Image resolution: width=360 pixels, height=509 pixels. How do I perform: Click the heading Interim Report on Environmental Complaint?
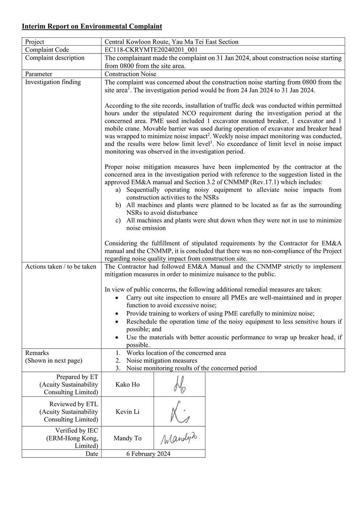click(92, 26)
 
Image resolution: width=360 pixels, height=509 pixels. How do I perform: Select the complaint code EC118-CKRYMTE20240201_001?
click(151, 50)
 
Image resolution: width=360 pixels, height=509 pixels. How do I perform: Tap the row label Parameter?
click(38, 74)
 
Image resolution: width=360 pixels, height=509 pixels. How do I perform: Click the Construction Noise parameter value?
click(130, 74)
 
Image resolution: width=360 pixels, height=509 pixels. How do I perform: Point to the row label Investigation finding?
click(53, 82)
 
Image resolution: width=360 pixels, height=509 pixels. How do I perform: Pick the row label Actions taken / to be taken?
click(61, 267)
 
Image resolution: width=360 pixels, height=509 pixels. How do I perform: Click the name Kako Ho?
click(127, 385)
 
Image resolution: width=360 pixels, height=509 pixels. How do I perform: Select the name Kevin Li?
click(127, 412)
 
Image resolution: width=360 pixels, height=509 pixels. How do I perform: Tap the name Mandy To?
click(127, 438)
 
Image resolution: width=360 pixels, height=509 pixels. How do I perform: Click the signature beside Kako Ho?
click(180, 385)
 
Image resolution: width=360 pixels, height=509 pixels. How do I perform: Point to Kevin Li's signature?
click(180, 412)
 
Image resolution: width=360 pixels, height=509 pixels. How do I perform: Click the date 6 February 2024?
click(148, 454)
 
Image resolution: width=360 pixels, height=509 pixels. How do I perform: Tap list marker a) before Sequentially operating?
click(118, 190)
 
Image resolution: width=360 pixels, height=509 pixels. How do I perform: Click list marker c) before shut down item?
click(118, 221)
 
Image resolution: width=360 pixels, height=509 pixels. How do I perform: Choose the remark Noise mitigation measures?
click(161, 361)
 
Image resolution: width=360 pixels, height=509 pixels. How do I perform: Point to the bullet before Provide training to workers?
click(116, 314)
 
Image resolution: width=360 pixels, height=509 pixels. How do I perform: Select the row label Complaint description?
click(54, 58)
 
